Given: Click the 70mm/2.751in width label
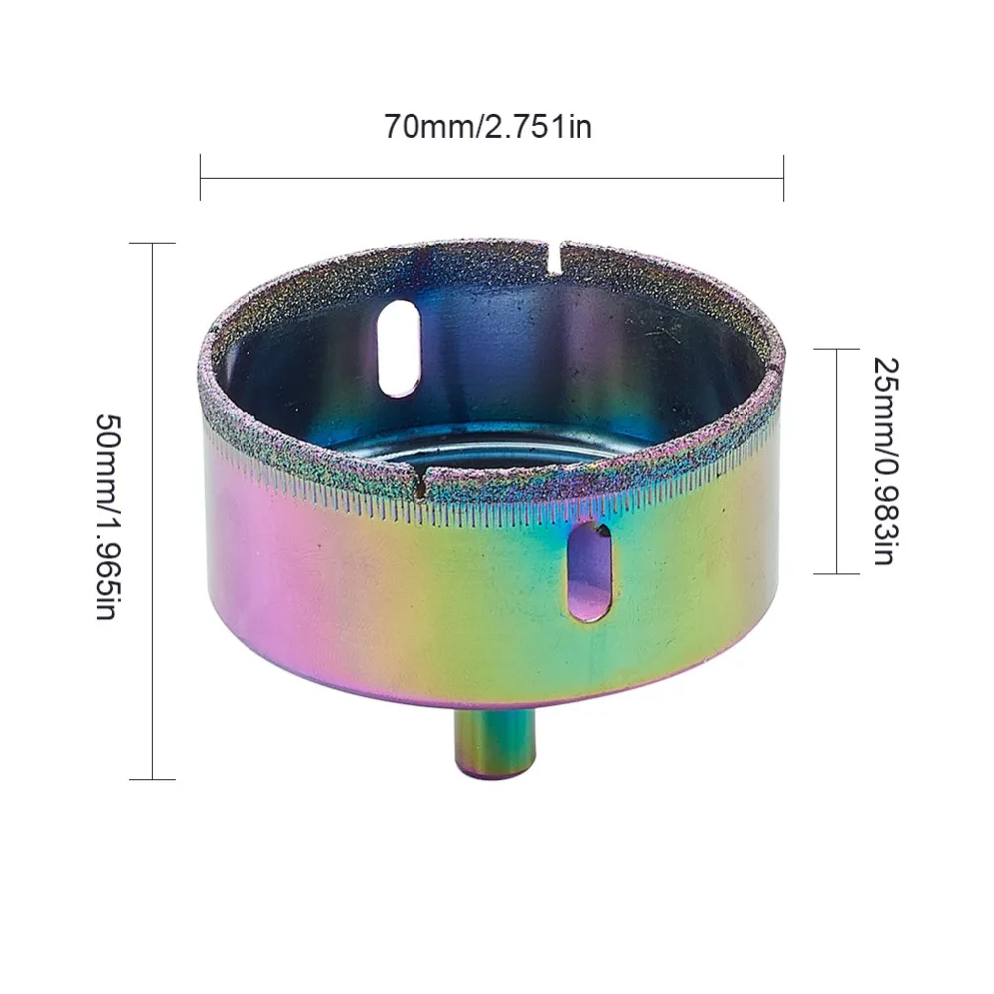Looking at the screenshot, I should click(488, 127).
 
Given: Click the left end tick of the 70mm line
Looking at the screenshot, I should click(200, 178).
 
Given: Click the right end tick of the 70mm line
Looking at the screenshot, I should click(783, 178).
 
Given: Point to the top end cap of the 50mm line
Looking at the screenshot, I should click(153, 243).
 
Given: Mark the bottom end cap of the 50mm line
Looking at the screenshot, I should click(153, 779).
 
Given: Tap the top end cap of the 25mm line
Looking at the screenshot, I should click(835, 349).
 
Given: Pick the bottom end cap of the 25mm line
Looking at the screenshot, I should click(835, 573).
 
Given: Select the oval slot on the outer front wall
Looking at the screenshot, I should click(589, 572).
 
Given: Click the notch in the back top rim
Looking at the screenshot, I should click(553, 254).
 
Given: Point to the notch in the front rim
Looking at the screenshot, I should click(421, 485).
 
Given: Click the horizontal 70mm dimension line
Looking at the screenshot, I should click(491, 178).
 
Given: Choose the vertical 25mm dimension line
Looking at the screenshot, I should click(835, 460).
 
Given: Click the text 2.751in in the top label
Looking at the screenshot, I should click(538, 127).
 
